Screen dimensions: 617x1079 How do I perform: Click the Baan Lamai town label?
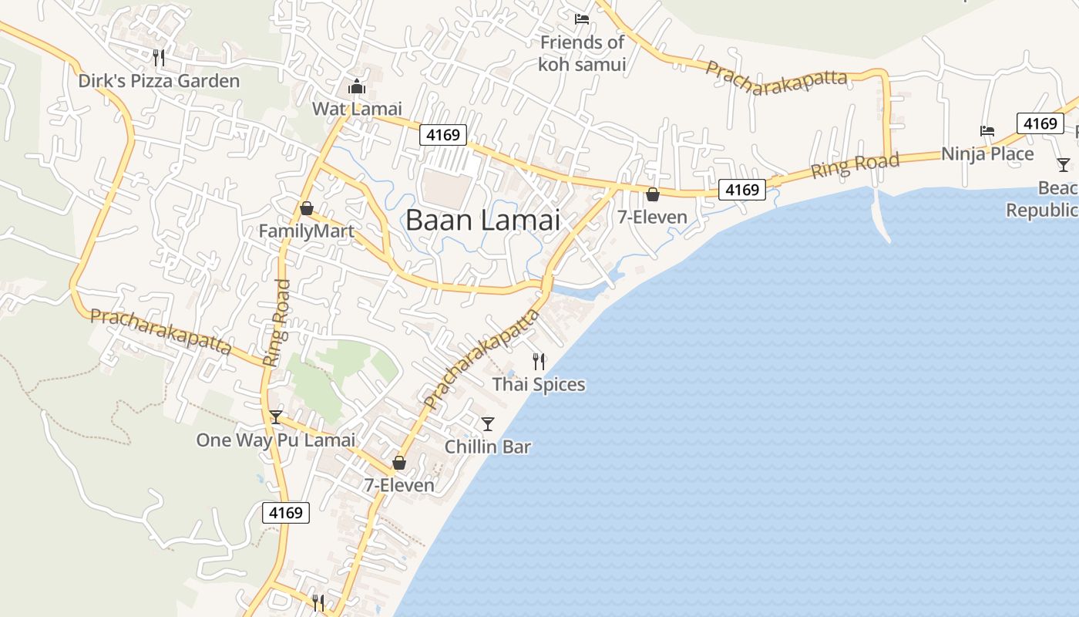482,221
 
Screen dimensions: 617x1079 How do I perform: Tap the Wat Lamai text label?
357,109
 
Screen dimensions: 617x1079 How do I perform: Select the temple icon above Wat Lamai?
356,86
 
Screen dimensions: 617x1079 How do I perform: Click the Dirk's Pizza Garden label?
159,81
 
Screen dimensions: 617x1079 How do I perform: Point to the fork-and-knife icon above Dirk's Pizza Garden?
159,57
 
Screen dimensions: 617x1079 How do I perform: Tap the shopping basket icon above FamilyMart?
307,208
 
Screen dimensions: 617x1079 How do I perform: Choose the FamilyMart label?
307,231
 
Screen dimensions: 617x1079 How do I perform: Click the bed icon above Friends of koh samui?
582,19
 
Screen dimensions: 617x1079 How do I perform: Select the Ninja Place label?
987,154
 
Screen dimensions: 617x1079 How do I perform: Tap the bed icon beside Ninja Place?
987,131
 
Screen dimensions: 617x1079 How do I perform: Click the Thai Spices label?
539,384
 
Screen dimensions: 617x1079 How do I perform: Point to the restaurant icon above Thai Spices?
539,360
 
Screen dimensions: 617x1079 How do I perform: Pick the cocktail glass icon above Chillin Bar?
487,423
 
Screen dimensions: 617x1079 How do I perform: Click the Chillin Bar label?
488,447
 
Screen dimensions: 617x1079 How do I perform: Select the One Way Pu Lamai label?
275,440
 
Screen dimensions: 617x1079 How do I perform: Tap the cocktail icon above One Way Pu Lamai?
276,417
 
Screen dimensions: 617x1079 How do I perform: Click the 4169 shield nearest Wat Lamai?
443,135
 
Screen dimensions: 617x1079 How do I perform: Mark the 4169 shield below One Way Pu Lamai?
286,512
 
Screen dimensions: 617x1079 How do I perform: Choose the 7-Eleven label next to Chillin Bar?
399,485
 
